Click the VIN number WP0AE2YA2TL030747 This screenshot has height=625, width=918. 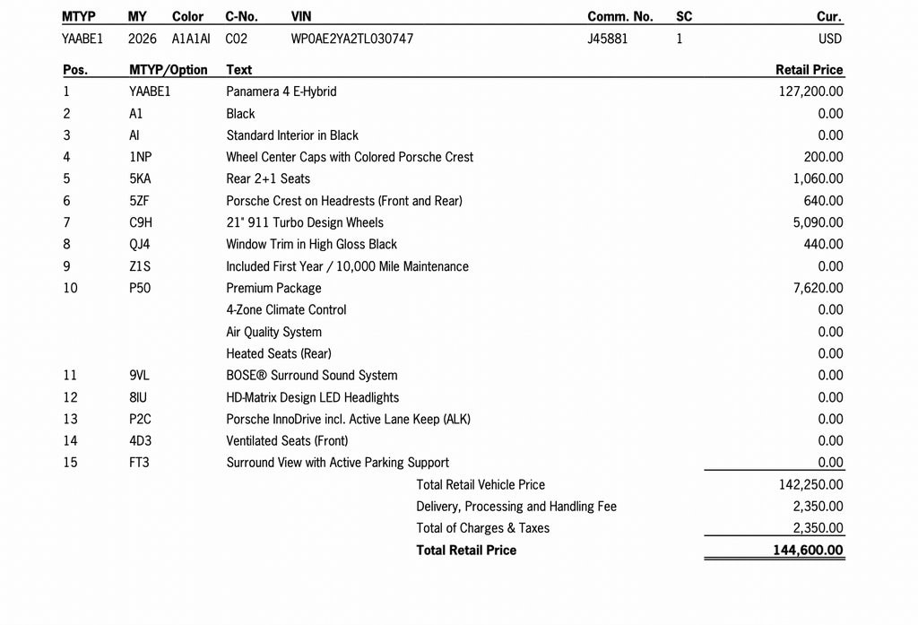click(x=352, y=39)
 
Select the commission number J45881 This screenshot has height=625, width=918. click(x=607, y=39)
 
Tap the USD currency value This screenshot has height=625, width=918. click(x=829, y=39)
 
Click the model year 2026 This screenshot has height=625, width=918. click(x=143, y=39)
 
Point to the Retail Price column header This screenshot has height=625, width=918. click(x=809, y=69)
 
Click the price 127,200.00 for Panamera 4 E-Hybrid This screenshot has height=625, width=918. click(x=810, y=91)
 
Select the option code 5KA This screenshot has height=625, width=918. click(x=140, y=178)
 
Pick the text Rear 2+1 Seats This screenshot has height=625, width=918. click(x=268, y=178)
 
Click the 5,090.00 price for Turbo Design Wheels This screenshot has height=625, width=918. click(x=818, y=222)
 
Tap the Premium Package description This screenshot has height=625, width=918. click(x=273, y=288)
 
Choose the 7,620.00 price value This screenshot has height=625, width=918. click(x=818, y=288)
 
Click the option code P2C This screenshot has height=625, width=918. click(x=140, y=419)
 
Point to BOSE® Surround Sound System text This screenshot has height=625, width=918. click(x=311, y=375)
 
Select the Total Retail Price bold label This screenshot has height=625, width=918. click(x=466, y=550)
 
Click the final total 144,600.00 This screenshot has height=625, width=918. click(x=808, y=550)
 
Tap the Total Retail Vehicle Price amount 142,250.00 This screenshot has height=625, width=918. click(x=810, y=484)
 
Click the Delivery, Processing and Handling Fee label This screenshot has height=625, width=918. click(x=516, y=506)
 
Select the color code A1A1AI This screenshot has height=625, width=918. click(x=191, y=39)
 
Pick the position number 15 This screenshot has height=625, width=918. click(x=70, y=462)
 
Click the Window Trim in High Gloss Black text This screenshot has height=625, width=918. click(x=311, y=244)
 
